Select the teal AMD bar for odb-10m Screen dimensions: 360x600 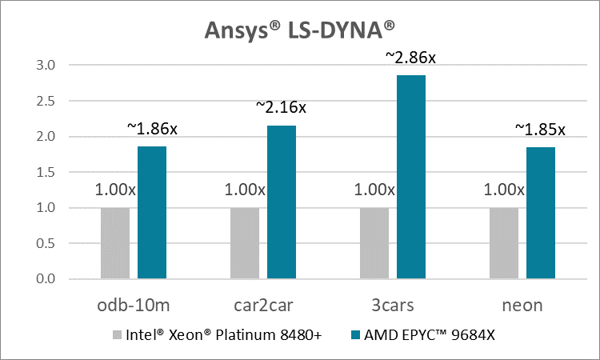152,213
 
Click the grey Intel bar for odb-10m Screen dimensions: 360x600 115,243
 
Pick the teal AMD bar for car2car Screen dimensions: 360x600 282,202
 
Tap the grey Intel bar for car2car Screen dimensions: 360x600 245,243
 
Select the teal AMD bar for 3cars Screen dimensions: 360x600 411,177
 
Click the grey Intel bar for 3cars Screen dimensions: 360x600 374,243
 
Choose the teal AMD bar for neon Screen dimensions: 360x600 541,213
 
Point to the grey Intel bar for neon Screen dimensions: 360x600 504,243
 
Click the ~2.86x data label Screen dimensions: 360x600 411,58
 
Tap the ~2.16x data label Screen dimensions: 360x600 281,106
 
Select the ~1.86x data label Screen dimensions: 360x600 152,128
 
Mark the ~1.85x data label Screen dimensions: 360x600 540,128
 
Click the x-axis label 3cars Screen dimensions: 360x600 393,306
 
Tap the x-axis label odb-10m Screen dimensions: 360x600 134,306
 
